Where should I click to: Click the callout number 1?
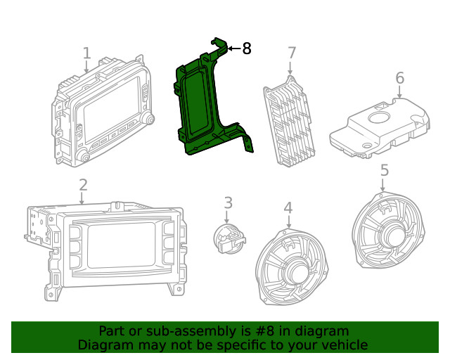coord(86,53)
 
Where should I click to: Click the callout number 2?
coord(83,185)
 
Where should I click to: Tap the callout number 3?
coord(228,202)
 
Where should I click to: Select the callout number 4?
coord(288,207)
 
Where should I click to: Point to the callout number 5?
coord(384,170)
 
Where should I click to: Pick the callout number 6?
coord(399,77)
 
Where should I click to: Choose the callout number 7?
coord(292,53)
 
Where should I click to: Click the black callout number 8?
coord(246,49)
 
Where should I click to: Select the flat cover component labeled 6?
coord(380,127)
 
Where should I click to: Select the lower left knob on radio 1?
coord(83,155)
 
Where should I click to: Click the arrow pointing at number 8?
coord(233,49)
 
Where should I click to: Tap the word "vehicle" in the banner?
coord(344,345)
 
